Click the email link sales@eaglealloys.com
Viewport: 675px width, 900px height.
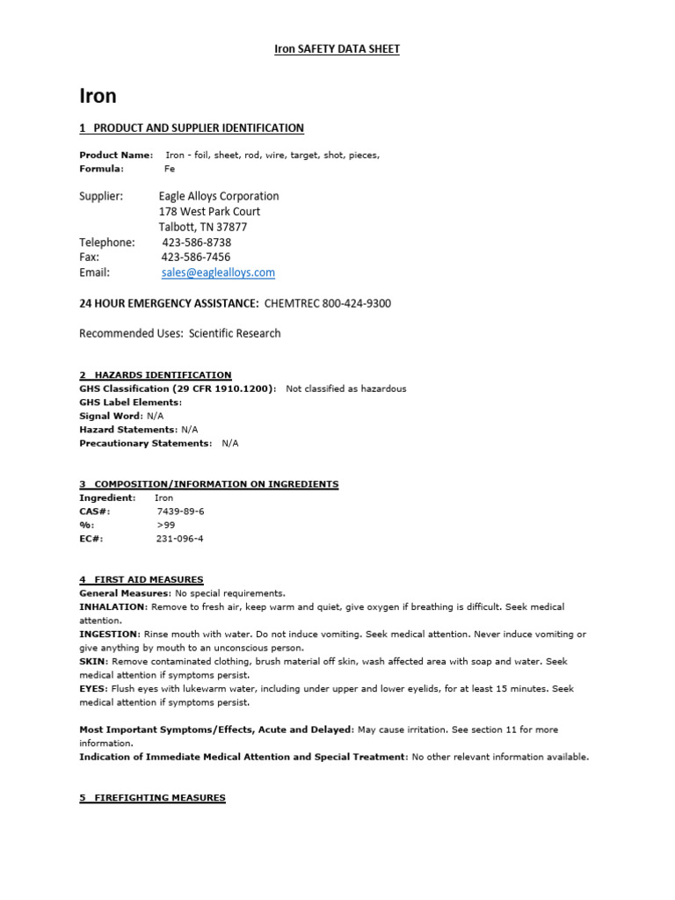tap(218, 273)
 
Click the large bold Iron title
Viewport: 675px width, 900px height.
tap(98, 95)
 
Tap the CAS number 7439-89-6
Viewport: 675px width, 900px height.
tap(180, 512)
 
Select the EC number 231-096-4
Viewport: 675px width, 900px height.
tap(180, 539)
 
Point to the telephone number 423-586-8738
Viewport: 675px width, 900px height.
tap(197, 243)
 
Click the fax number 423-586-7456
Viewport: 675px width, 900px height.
tap(196, 258)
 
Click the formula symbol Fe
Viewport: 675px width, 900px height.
tap(170, 169)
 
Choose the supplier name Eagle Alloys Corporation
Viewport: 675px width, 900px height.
tap(219, 196)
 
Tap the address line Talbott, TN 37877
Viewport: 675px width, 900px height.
tap(203, 227)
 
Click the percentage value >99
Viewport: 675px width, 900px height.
tap(166, 526)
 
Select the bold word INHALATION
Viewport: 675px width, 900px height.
tap(112, 607)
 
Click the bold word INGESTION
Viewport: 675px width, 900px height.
tap(109, 635)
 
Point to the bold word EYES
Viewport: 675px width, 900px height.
tap(93, 689)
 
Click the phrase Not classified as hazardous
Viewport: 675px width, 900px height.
tap(346, 388)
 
